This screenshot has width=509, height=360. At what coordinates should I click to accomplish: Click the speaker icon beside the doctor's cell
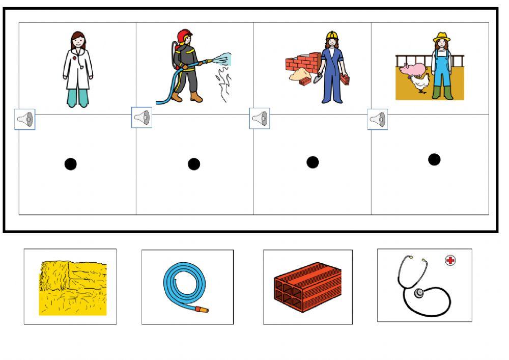pyautogui.click(x=24, y=120)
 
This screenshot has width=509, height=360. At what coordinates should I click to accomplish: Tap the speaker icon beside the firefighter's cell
pyautogui.click(x=142, y=118)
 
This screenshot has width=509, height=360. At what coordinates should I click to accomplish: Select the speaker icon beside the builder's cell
pyautogui.click(x=260, y=119)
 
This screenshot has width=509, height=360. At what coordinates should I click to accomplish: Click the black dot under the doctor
pyautogui.click(x=71, y=164)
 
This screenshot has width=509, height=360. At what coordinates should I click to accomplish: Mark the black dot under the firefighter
pyautogui.click(x=194, y=164)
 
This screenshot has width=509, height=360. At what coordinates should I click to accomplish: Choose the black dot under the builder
pyautogui.click(x=313, y=162)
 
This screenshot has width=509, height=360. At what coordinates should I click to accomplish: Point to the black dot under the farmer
pyautogui.click(x=434, y=159)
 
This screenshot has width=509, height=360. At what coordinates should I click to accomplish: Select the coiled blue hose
pyautogui.click(x=184, y=285)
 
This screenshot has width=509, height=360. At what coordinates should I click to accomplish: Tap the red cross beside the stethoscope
pyautogui.click(x=450, y=261)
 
